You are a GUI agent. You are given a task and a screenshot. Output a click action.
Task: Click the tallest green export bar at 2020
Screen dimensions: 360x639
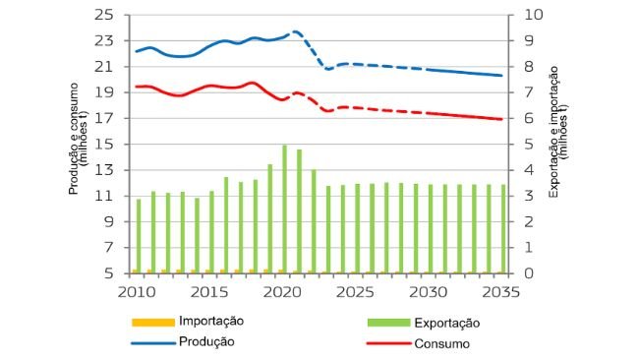pos(285,209)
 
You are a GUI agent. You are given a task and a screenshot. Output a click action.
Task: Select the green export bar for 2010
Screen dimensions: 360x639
pos(139,236)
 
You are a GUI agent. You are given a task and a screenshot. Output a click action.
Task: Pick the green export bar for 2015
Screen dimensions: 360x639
pos(211,231)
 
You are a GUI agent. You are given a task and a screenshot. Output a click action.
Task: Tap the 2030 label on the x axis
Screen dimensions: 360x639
pos(425,291)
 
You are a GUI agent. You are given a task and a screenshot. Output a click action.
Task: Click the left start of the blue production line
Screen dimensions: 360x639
pos(137,51)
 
